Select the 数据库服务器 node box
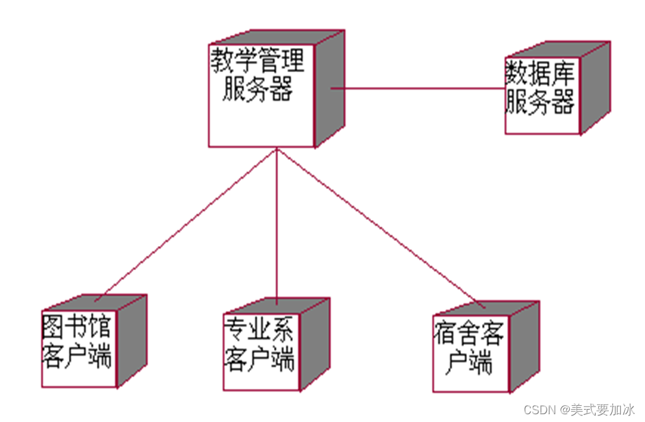point(542,97)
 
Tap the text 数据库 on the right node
point(540,77)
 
